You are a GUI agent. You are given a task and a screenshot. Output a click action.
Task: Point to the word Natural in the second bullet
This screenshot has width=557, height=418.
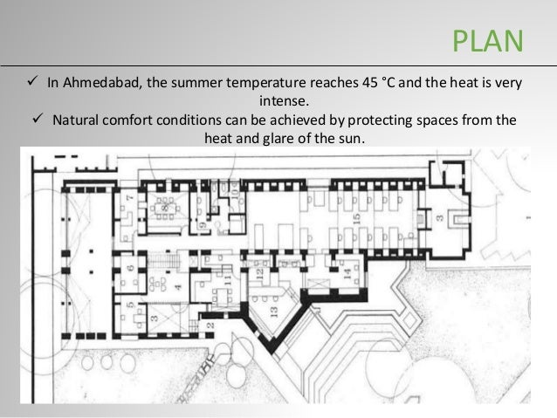pyautogui.click(x=77, y=120)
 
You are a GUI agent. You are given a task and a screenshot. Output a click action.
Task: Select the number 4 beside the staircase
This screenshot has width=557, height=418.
pyautogui.click(x=177, y=286)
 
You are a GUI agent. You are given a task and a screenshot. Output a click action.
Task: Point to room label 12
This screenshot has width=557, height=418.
pyautogui.click(x=260, y=273)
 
